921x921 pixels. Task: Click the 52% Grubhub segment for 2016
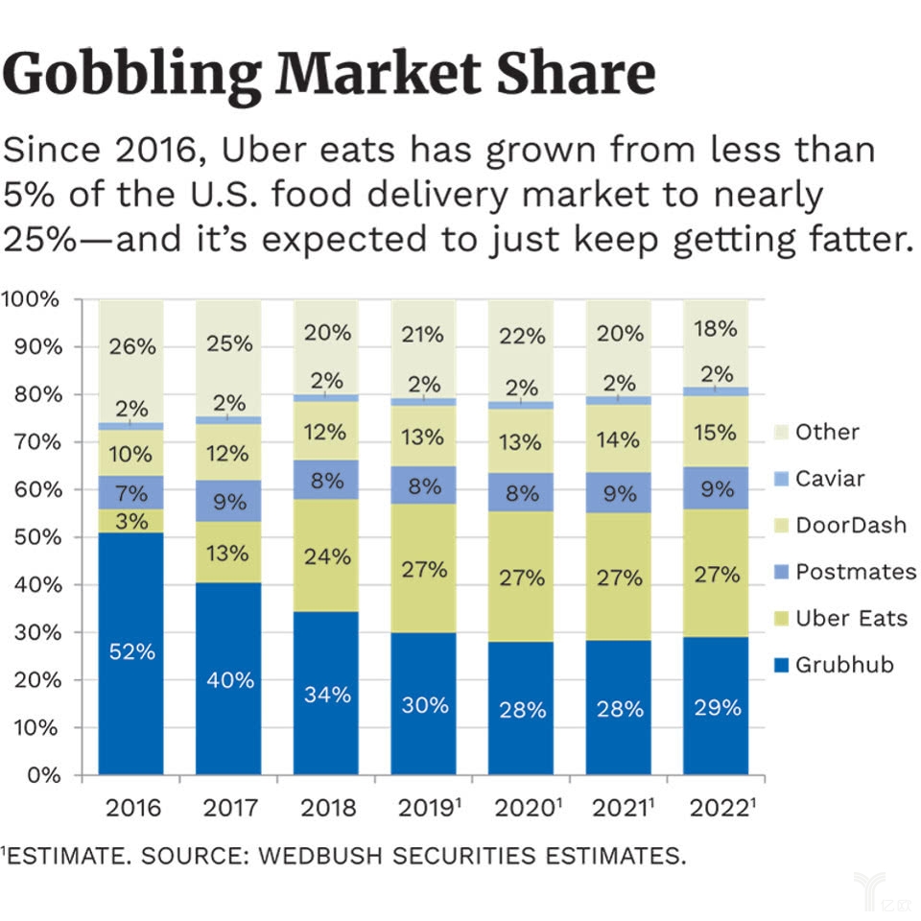[x=131, y=652]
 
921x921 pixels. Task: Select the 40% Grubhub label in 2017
[x=230, y=680]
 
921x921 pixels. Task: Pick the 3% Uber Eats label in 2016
[x=131, y=522]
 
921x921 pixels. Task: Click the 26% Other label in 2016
[x=131, y=346]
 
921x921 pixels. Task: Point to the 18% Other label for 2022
[x=716, y=329]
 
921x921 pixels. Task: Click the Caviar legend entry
[x=830, y=478]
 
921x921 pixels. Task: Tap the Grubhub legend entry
[x=844, y=664]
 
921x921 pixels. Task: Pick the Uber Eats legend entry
[x=851, y=617]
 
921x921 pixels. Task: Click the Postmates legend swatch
[x=780, y=572]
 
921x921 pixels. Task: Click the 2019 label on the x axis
[x=423, y=807]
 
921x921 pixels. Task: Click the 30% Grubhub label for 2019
[x=424, y=705]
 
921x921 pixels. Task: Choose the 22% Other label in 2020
[x=521, y=337]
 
